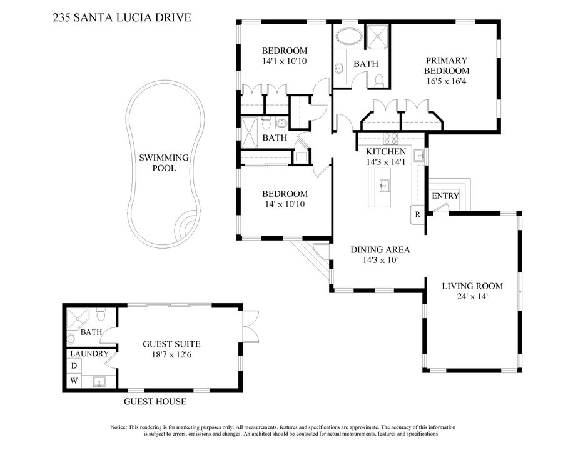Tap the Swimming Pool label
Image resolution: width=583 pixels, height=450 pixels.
tap(164, 163)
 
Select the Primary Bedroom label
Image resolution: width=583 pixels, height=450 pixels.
tap(447, 66)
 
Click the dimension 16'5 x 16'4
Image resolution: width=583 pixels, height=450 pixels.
tap(447, 81)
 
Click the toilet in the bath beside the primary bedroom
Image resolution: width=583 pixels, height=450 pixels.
tap(379, 79)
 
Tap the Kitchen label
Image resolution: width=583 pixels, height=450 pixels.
tap(386, 151)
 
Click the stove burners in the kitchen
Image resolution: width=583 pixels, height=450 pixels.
tap(391, 137)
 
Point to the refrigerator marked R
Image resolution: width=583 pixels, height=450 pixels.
tap(417, 214)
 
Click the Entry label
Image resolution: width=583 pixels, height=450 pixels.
tap(445, 196)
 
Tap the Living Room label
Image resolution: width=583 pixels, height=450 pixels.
tap(472, 286)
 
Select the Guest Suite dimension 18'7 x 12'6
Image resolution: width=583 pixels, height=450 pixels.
tap(171, 354)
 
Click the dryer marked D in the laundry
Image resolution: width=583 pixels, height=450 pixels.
tap(74, 366)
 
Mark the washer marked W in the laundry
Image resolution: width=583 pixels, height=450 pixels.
tap(74, 380)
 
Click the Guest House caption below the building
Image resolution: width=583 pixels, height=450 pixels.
tap(155, 401)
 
